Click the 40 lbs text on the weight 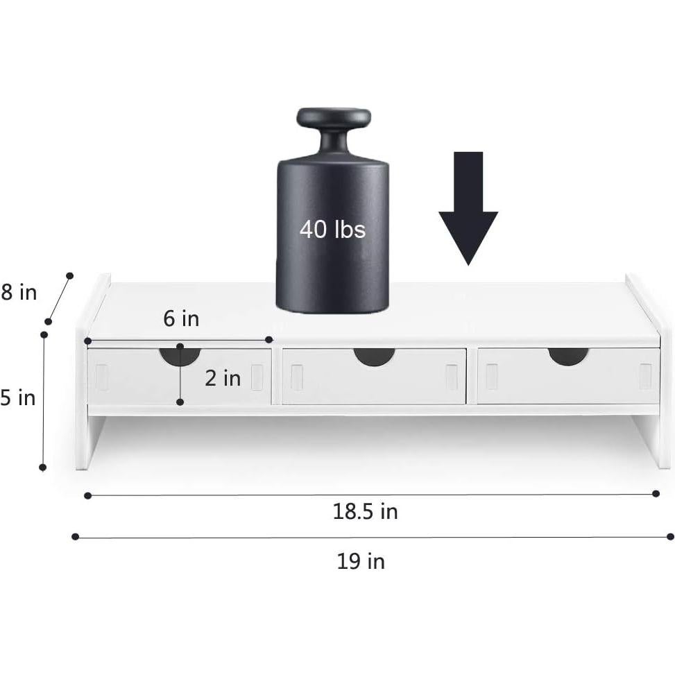pyautogui.click(x=332, y=229)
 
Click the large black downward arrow pyautogui.click(x=468, y=208)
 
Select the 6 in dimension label pyautogui.click(x=181, y=318)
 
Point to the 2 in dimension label pyautogui.click(x=223, y=378)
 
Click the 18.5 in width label pyautogui.click(x=365, y=512)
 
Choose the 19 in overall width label pyautogui.click(x=361, y=561)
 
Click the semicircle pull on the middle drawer pyautogui.click(x=374, y=356)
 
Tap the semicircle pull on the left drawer pyautogui.click(x=180, y=356)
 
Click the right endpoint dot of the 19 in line pyautogui.click(x=669, y=536)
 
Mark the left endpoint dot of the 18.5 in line pyautogui.click(x=87, y=495)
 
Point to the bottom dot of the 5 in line pyautogui.click(x=43, y=468)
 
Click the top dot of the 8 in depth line pyautogui.click(x=69, y=276)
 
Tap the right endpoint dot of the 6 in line pyautogui.click(x=269, y=339)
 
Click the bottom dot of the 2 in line pyautogui.click(x=180, y=402)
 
